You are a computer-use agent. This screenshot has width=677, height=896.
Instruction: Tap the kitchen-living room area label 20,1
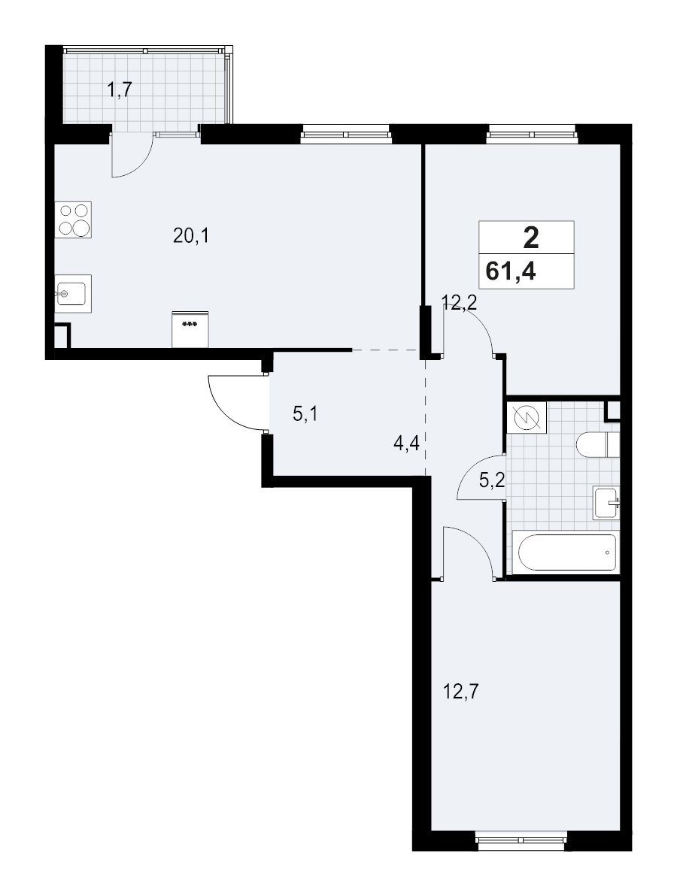pyautogui.click(x=190, y=237)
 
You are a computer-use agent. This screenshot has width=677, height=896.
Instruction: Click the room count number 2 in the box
pyautogui.click(x=530, y=239)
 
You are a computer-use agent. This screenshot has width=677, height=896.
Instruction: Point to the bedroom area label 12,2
pyautogui.click(x=460, y=303)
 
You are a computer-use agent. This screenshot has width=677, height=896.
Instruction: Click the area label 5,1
pyautogui.click(x=305, y=413)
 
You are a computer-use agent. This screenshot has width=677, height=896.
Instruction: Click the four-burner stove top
pyautogui.click(x=73, y=219)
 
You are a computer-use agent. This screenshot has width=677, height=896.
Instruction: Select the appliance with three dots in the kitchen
pyautogui.click(x=190, y=329)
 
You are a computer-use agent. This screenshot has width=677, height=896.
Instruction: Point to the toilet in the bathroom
pyautogui.click(x=597, y=444)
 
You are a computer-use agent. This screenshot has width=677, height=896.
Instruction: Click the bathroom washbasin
pyautogui.click(x=606, y=501)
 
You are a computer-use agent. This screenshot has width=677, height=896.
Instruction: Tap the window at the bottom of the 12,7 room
pyautogui.click(x=521, y=831)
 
